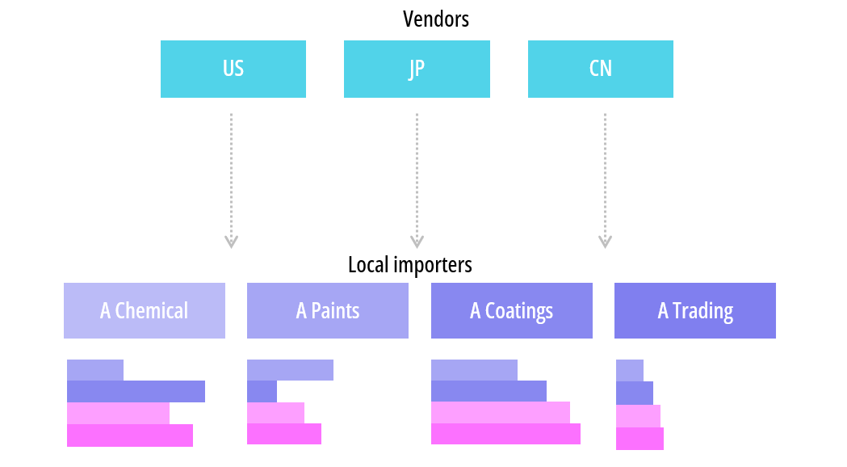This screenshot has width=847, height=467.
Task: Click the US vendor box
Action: coord(233,69)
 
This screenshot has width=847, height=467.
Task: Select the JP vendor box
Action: coord(417,69)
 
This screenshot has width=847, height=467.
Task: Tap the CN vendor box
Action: coord(600,69)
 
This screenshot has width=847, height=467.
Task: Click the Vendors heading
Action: coord(436,19)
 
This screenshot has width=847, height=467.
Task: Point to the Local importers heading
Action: coord(410,264)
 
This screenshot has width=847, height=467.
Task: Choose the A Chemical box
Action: coord(145,310)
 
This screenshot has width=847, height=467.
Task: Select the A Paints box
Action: coord(328,310)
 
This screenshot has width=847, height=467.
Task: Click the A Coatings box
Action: coord(512,310)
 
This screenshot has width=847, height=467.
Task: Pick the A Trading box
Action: coord(695,310)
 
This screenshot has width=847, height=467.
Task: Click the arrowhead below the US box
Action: coord(232,241)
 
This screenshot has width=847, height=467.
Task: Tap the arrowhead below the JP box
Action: coord(417,241)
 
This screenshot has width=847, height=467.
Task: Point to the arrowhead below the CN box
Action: coord(605,241)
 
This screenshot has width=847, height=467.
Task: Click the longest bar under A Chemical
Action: coord(136,391)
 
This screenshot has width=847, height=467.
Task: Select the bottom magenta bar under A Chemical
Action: coord(130,435)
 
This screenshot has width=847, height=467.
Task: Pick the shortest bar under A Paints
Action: coord(262,391)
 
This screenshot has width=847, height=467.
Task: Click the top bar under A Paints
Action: coord(290,370)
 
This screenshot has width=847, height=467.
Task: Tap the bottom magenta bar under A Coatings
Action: coord(505,434)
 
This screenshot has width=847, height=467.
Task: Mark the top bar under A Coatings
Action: coord(474,370)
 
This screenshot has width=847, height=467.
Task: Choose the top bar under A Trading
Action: coord(630,370)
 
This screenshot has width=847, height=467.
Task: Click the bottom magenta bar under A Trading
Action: coord(639,439)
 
